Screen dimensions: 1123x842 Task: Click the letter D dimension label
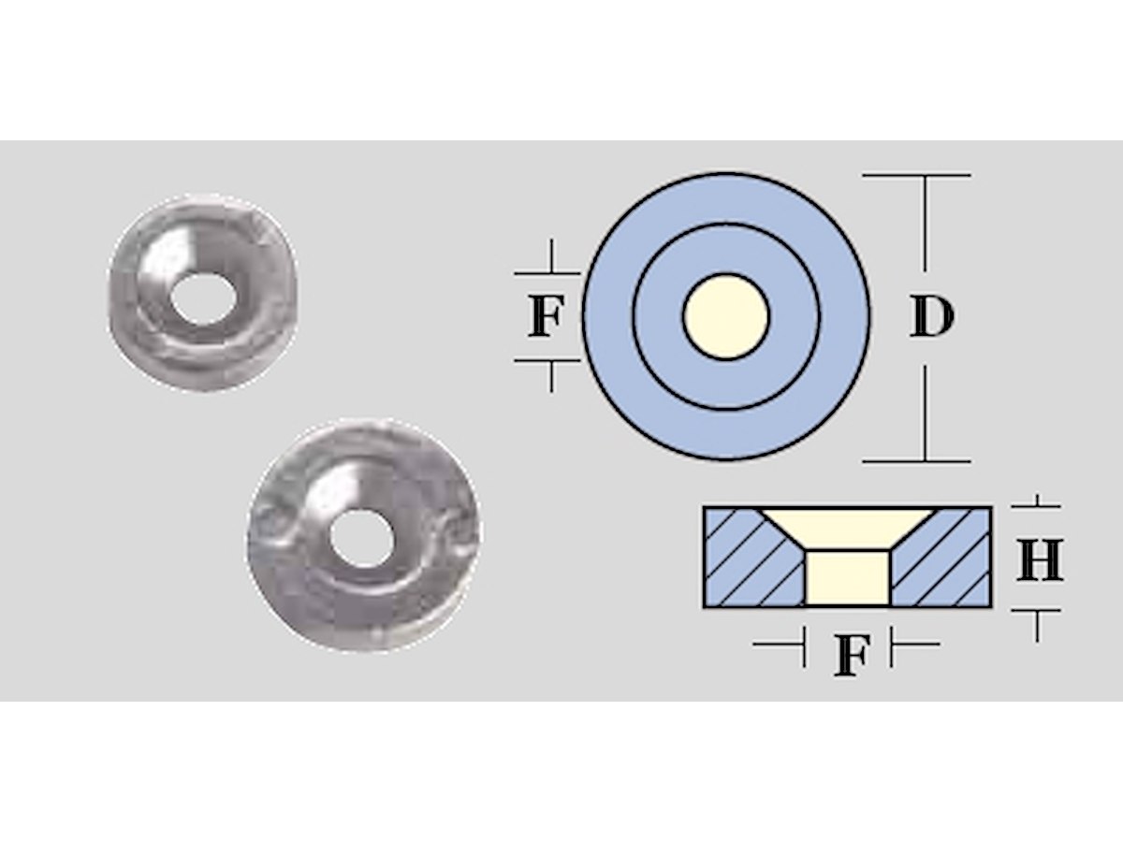pos(932,317)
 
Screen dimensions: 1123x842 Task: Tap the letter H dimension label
pos(1040,559)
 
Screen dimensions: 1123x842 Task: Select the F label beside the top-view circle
pos(546,317)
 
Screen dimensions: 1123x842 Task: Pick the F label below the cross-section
pos(852,656)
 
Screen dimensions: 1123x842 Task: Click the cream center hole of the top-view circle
pos(726,316)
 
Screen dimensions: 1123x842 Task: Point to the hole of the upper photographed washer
pos(204,299)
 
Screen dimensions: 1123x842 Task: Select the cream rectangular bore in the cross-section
pos(848,578)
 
